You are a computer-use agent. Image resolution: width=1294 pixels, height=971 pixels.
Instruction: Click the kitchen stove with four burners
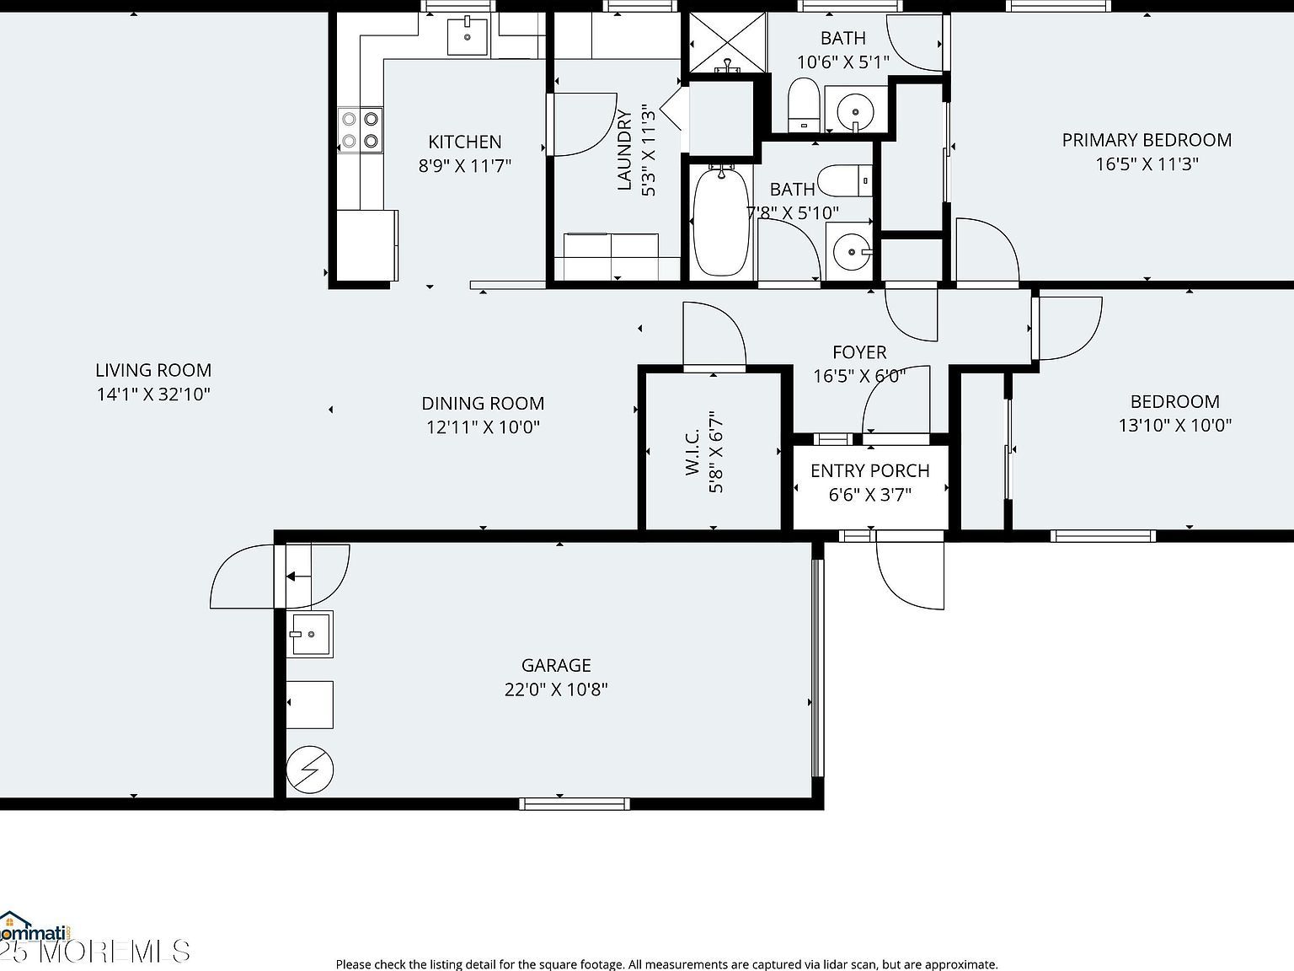(361, 130)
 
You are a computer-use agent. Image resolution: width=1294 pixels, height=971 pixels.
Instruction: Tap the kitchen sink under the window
(467, 36)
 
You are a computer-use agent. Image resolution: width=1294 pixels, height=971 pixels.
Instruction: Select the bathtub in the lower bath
(720, 220)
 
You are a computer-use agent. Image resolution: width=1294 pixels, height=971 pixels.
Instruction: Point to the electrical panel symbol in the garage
(309, 769)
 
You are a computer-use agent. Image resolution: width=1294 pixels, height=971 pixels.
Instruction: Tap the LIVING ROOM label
(153, 370)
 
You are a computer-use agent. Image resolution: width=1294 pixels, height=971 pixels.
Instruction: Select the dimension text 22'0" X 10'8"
(556, 689)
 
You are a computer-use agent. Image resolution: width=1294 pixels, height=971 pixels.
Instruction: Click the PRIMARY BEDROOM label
(1147, 140)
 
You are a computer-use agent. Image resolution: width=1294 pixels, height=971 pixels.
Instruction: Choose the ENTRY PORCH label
(869, 470)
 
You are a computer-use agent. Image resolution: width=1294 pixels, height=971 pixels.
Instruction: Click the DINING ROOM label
(483, 404)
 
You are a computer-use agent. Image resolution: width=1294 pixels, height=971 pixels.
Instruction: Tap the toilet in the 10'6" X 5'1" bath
(804, 105)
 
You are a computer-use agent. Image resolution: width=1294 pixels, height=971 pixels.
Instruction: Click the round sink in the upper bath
(856, 110)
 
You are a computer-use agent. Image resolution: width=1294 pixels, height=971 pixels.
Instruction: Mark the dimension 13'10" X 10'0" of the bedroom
(1174, 426)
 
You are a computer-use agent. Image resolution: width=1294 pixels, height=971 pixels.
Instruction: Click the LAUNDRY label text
(624, 150)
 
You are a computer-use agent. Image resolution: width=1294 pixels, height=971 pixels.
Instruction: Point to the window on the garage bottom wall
(575, 803)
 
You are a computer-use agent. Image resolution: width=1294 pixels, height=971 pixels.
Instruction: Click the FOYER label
(859, 352)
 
